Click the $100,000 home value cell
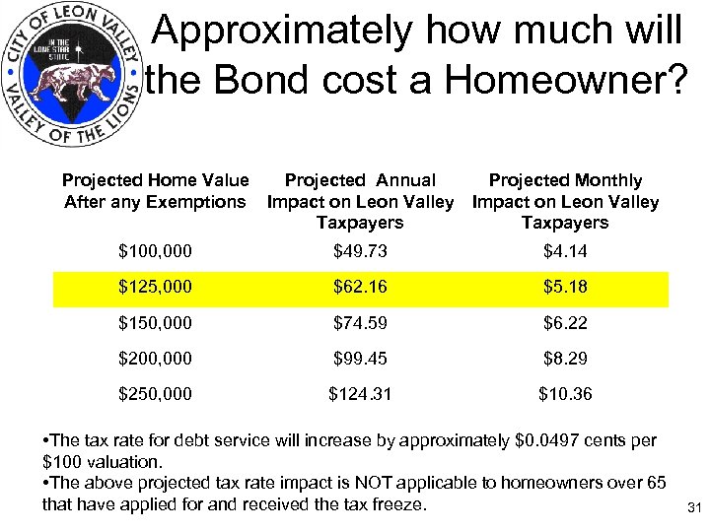click(156, 251)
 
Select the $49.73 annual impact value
click(360, 251)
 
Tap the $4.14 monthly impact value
click(565, 251)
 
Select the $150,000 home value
click(156, 324)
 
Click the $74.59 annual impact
click(360, 324)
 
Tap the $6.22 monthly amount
click(565, 324)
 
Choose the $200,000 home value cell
click(156, 359)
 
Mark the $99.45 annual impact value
click(360, 359)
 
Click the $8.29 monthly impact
click(565, 359)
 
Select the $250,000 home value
click(156, 393)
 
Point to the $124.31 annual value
click(360, 393)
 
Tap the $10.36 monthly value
click(565, 393)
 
